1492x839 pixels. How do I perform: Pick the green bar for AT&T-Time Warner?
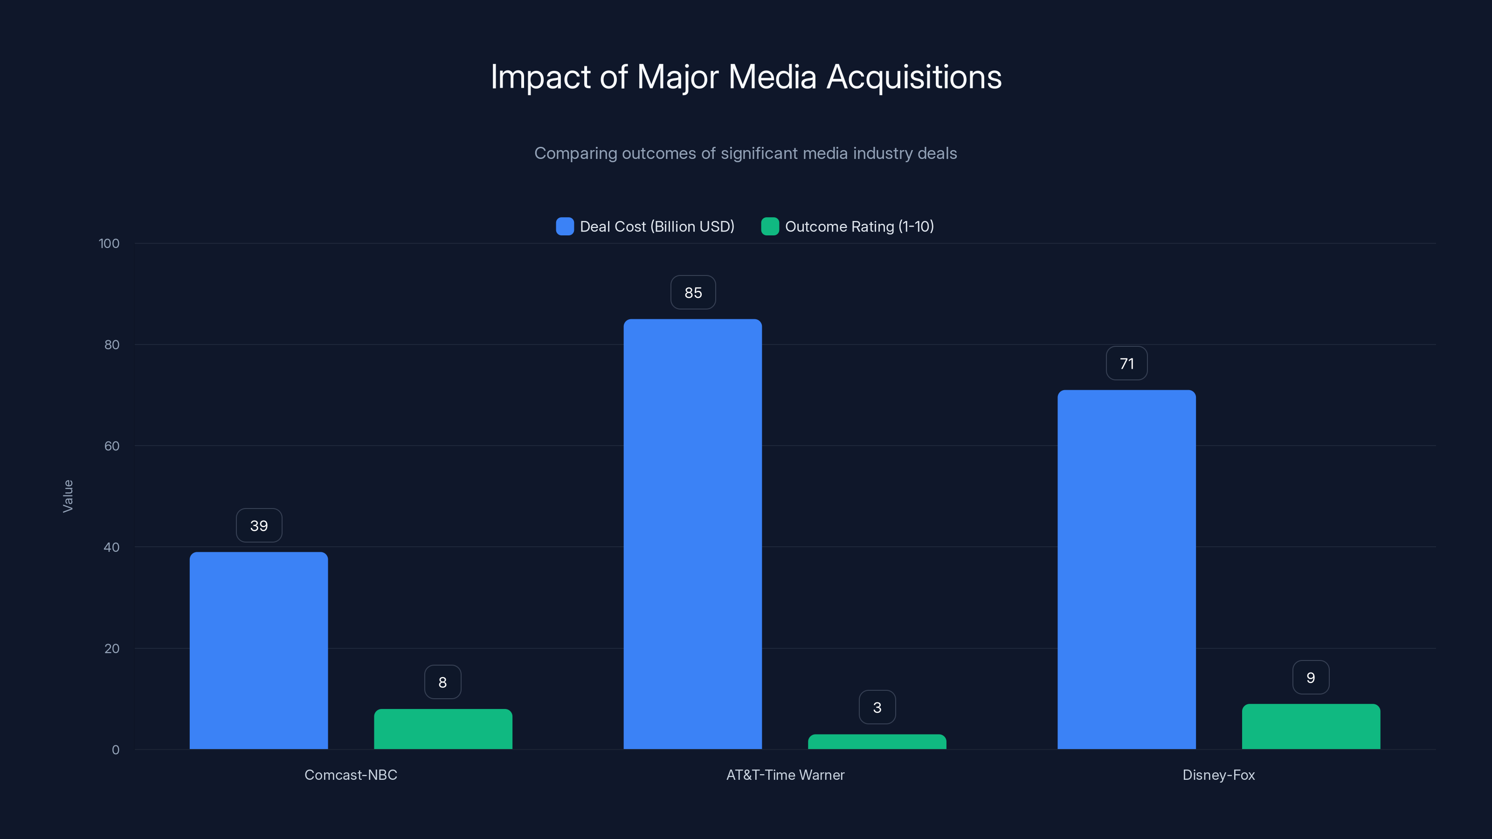877,741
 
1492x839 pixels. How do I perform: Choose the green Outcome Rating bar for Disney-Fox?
1311,726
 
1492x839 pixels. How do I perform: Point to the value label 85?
693,292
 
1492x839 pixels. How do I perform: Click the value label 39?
259,525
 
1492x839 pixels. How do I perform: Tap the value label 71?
1126,363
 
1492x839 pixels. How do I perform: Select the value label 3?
877,707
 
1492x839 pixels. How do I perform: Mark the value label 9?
1311,677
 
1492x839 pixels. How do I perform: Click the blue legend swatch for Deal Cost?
565,227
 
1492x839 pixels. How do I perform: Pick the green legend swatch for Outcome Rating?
770,227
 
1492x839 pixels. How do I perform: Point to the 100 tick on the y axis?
109,243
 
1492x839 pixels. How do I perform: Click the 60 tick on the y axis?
111,446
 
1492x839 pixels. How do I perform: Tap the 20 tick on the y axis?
111,648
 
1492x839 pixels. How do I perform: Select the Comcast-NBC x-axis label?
351,775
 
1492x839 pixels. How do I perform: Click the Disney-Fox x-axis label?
1219,775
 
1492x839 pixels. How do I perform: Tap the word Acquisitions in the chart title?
913,77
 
